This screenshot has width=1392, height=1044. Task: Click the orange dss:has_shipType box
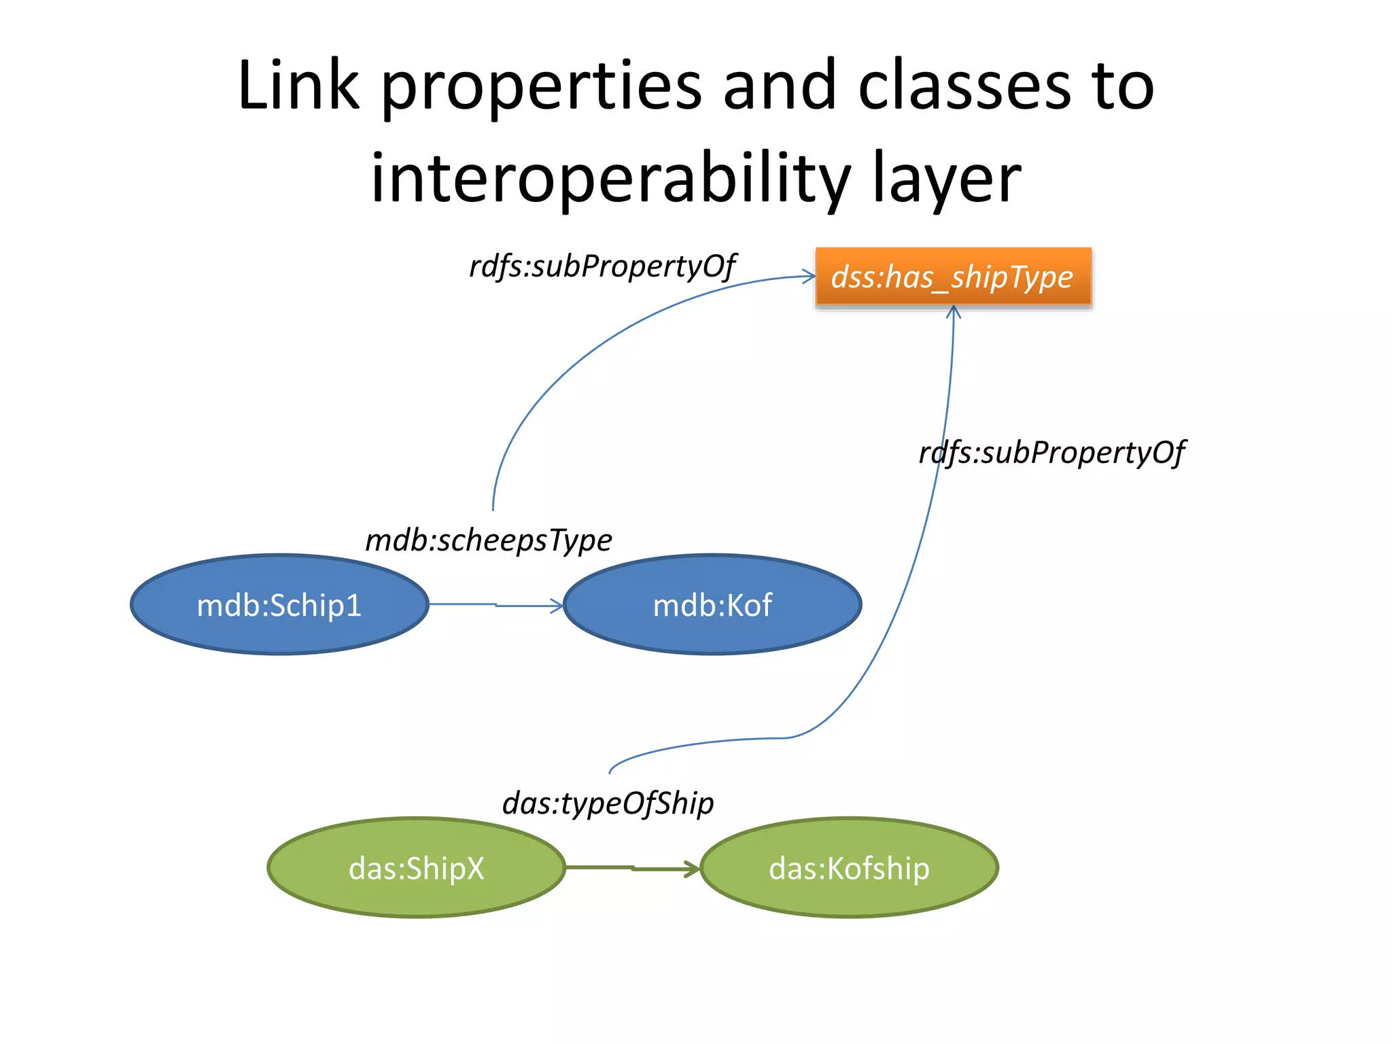[953, 277]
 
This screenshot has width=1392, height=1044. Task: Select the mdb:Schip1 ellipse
[279, 605]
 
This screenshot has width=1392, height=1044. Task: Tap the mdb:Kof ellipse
[712, 605]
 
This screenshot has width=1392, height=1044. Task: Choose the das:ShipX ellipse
[416, 868]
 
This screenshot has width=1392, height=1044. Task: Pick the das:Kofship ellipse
[849, 868]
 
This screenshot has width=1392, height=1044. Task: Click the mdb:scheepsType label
[488, 540]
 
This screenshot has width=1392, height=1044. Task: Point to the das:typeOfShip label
[608, 803]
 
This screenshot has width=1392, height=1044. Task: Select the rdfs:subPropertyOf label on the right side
[1051, 453]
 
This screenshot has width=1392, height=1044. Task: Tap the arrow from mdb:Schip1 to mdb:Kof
[496, 605]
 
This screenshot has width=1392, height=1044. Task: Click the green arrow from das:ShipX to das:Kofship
[632, 868]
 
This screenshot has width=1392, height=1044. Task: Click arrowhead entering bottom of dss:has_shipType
[954, 311]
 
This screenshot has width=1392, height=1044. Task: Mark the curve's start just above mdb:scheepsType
[493, 508]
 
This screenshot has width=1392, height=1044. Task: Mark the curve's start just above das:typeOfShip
[610, 772]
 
